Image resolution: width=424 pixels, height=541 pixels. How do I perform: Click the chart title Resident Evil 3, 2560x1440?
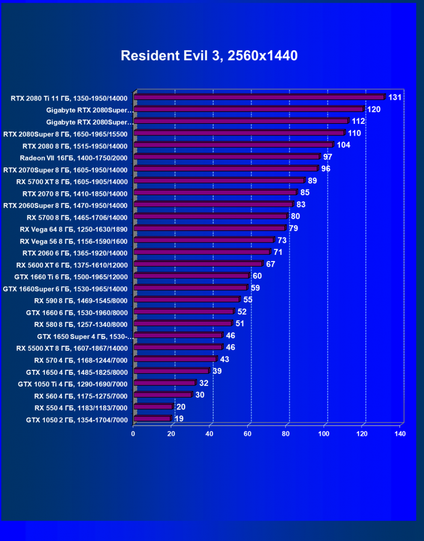tap(209, 56)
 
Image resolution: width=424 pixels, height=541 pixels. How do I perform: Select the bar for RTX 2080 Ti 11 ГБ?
tap(259, 97)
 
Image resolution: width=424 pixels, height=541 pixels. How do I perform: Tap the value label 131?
tap(395, 97)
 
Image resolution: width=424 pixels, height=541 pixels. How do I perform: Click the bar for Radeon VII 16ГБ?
tap(226, 156)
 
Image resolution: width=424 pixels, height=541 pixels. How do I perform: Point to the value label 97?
tap(328, 157)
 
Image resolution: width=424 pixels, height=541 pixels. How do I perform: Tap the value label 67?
tap(271, 264)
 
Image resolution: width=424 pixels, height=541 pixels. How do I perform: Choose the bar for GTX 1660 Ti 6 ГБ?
tap(191, 276)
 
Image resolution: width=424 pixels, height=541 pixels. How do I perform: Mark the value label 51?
tap(240, 324)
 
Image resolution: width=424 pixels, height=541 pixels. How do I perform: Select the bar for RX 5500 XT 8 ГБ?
tap(178, 347)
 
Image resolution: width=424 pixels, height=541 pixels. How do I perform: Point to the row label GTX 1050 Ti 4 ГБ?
tap(72, 384)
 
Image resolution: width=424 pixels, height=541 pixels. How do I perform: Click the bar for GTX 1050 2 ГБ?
tap(152, 418)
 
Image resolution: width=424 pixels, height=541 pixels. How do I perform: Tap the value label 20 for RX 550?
tap(181, 407)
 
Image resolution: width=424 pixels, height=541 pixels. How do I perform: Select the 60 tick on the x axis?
tap(248, 433)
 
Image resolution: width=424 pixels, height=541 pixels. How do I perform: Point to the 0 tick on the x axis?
tap(134, 433)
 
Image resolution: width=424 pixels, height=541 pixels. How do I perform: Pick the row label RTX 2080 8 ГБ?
tap(75, 145)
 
